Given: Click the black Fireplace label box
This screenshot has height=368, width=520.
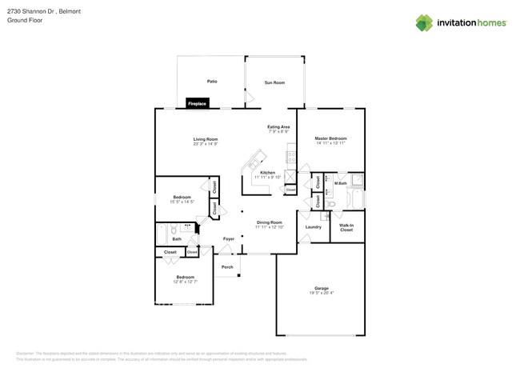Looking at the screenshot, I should [x=197, y=103].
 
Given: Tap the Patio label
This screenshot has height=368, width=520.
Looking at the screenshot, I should [x=212, y=82].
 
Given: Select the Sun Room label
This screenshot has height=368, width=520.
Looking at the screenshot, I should [x=274, y=82].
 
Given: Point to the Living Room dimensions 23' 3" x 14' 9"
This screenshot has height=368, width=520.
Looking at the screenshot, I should [x=206, y=144].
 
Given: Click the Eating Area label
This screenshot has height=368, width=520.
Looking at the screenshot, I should [x=278, y=126].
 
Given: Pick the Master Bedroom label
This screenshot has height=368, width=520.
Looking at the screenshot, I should [x=330, y=138].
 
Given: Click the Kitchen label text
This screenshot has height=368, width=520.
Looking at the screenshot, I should [x=268, y=172].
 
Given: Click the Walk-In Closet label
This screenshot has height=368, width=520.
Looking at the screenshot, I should [x=346, y=227].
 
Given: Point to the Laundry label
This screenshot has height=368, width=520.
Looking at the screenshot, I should [x=313, y=226].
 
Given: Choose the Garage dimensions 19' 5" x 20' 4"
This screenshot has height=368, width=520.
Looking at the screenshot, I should [x=322, y=293].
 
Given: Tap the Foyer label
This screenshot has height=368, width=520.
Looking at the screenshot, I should [x=228, y=238].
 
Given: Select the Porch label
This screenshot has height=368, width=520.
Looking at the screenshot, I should [x=227, y=267].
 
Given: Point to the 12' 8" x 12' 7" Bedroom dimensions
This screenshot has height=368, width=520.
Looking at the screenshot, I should [x=186, y=282].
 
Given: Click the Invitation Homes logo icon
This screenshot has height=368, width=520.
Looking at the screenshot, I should [x=424, y=22].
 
